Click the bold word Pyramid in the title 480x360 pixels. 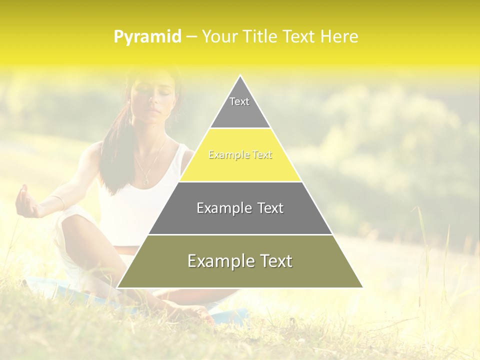click(147, 37)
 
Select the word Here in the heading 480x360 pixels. click(339, 36)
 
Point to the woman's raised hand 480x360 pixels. click(25, 202)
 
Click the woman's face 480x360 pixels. click(155, 95)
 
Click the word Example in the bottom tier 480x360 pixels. click(215, 261)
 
